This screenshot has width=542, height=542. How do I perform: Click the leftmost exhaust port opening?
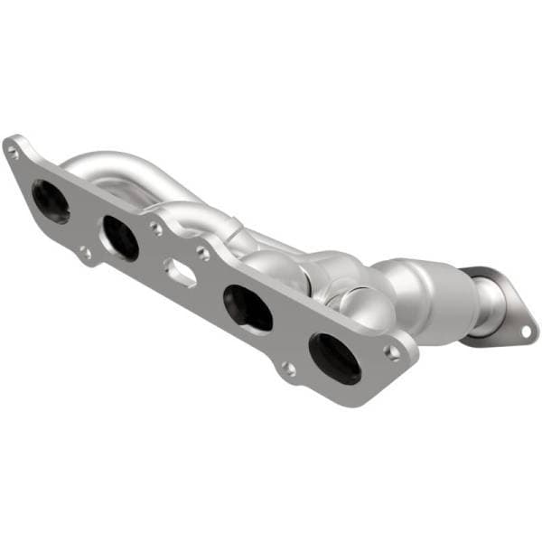pyautogui.click(x=50, y=201)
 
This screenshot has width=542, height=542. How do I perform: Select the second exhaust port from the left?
pyautogui.click(x=120, y=238)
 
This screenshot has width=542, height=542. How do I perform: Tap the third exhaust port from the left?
pyautogui.click(x=248, y=307)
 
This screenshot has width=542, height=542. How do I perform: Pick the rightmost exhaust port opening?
pyautogui.click(x=334, y=358)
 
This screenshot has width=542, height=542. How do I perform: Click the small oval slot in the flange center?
pyautogui.click(x=181, y=272)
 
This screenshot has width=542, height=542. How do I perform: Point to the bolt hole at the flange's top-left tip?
pyautogui.click(x=14, y=153)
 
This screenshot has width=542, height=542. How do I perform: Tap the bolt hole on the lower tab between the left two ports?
pyautogui.click(x=85, y=253)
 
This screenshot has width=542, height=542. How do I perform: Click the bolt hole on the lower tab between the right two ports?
pyautogui.click(x=287, y=368)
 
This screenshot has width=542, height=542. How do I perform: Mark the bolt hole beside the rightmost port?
pyautogui.click(x=391, y=351)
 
